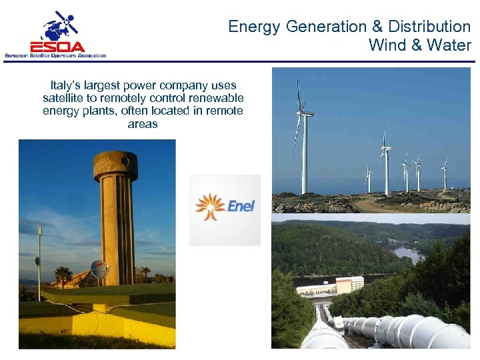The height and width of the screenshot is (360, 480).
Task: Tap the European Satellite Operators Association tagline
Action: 55,55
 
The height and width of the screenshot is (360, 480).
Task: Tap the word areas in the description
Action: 143,123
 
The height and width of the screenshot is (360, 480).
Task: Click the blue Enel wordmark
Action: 241,206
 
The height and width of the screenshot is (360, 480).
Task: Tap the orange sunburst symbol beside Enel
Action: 210,206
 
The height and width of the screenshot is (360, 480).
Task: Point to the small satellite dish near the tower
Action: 99,268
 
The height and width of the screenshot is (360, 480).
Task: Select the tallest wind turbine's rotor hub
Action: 303,113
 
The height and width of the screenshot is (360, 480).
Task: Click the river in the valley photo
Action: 408,253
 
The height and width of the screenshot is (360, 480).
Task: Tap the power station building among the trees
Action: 331,287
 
